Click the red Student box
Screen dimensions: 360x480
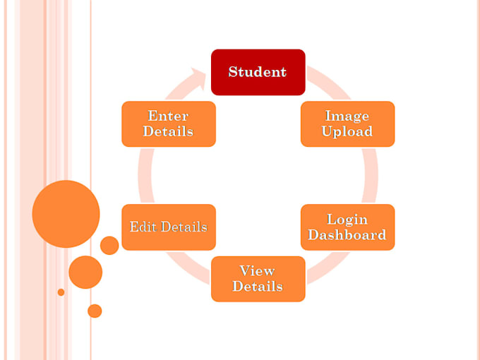258,72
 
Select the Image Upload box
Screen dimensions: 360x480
347,124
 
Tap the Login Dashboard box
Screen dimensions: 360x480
347,227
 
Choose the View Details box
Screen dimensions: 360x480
258,279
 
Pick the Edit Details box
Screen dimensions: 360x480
168,227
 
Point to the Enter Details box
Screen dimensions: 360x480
168,124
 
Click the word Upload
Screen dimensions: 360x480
347,132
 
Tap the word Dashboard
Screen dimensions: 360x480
347,235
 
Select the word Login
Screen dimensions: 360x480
347,220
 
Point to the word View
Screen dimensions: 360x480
258,271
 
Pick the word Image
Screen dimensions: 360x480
347,116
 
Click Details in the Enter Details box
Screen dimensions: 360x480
168,132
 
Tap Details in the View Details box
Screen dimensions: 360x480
258,287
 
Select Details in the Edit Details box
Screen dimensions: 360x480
182,227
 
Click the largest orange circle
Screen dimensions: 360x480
66,214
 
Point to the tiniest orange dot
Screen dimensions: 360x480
61,292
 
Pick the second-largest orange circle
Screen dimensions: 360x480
85,272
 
